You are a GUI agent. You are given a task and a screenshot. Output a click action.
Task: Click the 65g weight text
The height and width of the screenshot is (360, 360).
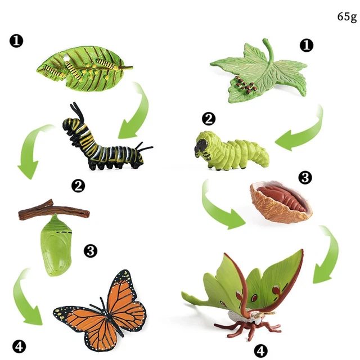point(346,16)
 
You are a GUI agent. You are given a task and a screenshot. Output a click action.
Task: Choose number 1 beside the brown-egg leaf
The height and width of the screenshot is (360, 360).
point(306,46)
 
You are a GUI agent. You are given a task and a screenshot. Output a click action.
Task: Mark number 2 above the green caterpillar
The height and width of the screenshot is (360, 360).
point(209,118)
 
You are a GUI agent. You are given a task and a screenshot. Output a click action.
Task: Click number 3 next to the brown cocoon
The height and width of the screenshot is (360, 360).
point(304,178)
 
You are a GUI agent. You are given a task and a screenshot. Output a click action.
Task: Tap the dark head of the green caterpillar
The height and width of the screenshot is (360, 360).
point(200,147)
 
